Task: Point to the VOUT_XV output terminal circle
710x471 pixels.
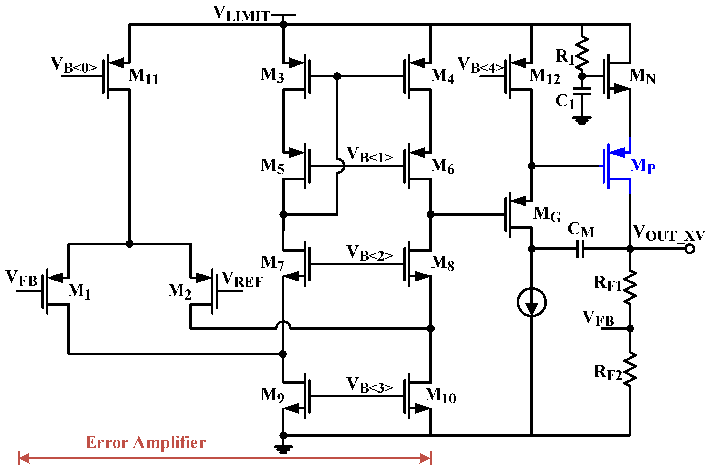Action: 689,249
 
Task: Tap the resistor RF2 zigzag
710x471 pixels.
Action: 630,369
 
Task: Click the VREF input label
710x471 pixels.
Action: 242,279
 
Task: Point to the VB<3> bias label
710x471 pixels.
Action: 369,385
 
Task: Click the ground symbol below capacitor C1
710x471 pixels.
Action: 582,120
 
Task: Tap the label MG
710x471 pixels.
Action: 547,214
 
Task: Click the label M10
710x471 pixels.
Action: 440,396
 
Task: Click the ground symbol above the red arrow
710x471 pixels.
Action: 283,449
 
